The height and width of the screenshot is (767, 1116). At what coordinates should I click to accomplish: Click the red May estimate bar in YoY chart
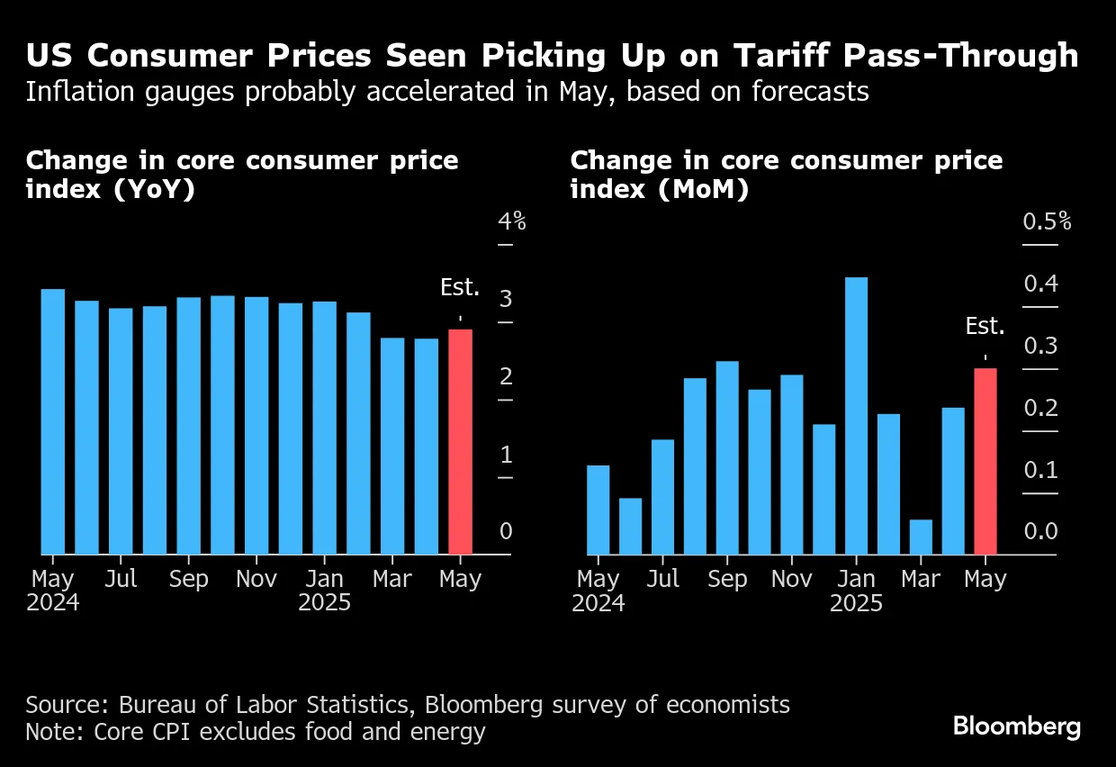460,441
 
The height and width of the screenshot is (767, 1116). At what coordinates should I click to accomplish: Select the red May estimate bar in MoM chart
985,461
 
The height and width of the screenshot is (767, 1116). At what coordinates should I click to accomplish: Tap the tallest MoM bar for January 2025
856,415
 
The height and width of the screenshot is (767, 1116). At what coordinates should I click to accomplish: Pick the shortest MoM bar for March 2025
921,537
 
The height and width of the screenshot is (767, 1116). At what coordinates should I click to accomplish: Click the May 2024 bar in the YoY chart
53,421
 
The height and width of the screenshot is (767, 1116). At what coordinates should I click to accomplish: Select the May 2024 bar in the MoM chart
598,510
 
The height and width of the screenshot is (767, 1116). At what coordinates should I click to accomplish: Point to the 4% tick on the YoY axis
511,221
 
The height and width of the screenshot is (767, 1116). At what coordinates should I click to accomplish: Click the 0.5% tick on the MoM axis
1047,221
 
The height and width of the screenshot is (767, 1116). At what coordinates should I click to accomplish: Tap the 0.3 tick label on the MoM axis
1040,346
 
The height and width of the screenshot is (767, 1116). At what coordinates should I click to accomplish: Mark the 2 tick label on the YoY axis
506,376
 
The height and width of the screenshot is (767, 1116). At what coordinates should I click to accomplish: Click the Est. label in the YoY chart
460,288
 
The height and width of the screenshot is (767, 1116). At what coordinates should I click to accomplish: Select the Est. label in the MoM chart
985,326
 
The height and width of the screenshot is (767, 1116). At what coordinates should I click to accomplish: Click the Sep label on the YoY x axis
188,579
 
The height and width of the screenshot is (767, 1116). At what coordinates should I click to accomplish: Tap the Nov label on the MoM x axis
791,579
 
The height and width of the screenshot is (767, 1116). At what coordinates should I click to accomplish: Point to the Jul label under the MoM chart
662,579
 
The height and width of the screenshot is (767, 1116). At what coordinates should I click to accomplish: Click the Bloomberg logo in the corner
1017,726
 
